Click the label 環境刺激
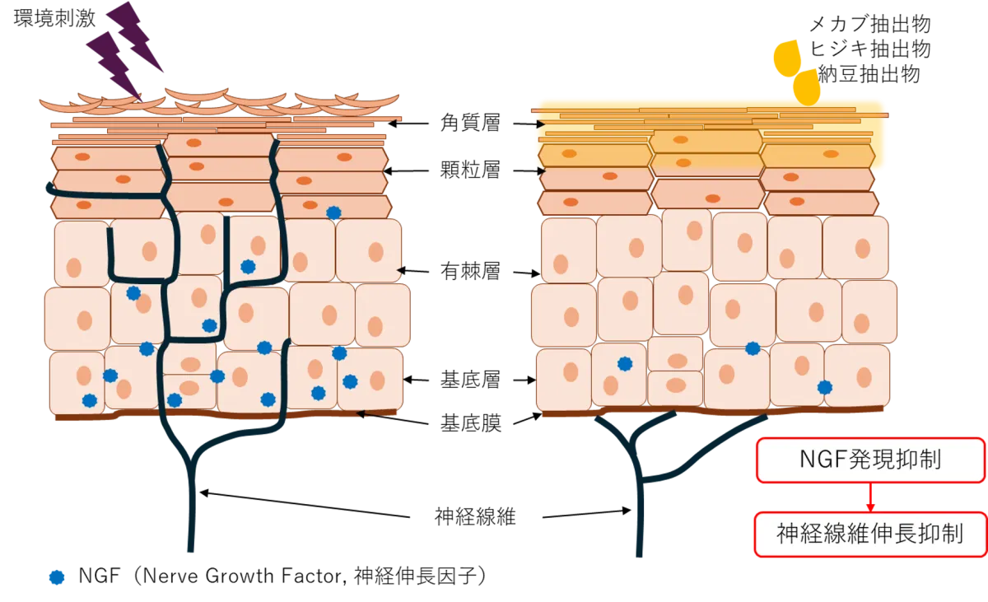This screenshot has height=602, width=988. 54,18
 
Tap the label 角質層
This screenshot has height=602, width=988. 470,123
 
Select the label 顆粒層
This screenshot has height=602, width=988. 470,170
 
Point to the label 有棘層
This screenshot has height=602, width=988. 470,271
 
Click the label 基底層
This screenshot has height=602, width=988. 470,380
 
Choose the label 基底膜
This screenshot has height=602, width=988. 471,423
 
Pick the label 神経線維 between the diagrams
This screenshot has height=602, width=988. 475,516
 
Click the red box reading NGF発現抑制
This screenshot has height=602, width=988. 871,460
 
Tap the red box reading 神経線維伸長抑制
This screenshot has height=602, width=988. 869,534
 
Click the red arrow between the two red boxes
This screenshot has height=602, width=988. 870,497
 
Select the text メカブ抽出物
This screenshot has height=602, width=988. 869,24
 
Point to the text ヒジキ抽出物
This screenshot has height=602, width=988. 869,49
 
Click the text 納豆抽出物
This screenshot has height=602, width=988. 869,74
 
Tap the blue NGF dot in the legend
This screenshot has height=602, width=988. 57,577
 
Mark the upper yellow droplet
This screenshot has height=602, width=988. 788,58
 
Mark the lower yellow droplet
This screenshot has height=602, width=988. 807,86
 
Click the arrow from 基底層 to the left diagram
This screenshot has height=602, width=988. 416,380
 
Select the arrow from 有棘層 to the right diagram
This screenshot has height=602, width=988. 527,273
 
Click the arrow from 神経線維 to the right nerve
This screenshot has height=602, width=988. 586,514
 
